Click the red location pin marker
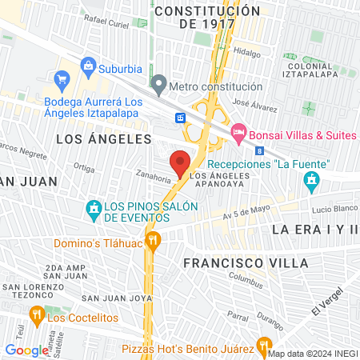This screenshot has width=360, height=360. pyautogui.click(x=181, y=163)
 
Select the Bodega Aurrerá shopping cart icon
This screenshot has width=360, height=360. pyautogui.click(x=61, y=79)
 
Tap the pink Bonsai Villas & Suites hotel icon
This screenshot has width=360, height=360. pyautogui.click(x=238, y=132)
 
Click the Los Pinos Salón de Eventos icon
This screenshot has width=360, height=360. pyautogui.click(x=94, y=210)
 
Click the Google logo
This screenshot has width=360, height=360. pyautogui.click(x=26, y=350)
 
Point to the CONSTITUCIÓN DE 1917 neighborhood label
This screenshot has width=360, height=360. pyautogui.click(x=208, y=17)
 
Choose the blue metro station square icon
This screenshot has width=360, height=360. pyautogui.click(x=182, y=118)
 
